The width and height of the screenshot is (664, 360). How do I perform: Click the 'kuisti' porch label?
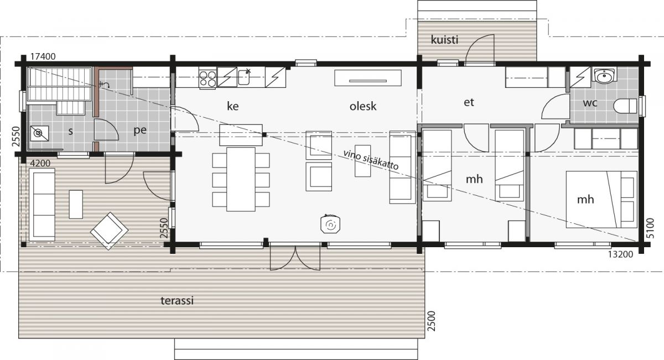pos(444,40)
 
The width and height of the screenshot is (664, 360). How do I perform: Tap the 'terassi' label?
pos(177,300)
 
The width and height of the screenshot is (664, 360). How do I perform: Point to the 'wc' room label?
pos(590,103)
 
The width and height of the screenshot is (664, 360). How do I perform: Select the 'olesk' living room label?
pos(363,106)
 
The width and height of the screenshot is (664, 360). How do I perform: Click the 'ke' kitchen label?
pos(233,106)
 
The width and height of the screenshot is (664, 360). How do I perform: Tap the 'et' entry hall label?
pos(469,102)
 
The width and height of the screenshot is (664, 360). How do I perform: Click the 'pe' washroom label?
pos(140,131)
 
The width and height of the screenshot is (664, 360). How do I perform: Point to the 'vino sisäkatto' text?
pos(371,160)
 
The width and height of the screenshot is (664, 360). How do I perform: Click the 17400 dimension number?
pos(43,56)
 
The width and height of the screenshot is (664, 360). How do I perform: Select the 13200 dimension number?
pos(620,254)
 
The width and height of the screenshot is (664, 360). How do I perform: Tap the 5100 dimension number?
pos(650,228)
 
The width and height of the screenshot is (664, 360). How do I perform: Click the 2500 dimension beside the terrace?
pos(432,321)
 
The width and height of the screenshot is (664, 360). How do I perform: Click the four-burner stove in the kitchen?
pos(207,79)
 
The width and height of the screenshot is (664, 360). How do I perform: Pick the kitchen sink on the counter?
pos(243,77)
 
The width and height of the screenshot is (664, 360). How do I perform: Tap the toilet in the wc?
pos(625,106)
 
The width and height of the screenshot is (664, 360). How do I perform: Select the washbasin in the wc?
pos(604,76)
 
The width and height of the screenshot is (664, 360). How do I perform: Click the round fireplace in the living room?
pos(330,225)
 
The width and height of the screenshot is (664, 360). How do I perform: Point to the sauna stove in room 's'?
pos(39,133)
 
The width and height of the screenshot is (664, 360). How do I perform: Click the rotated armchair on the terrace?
pos(109,231)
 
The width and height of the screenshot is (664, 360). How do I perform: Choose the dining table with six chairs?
pos(241,180)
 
